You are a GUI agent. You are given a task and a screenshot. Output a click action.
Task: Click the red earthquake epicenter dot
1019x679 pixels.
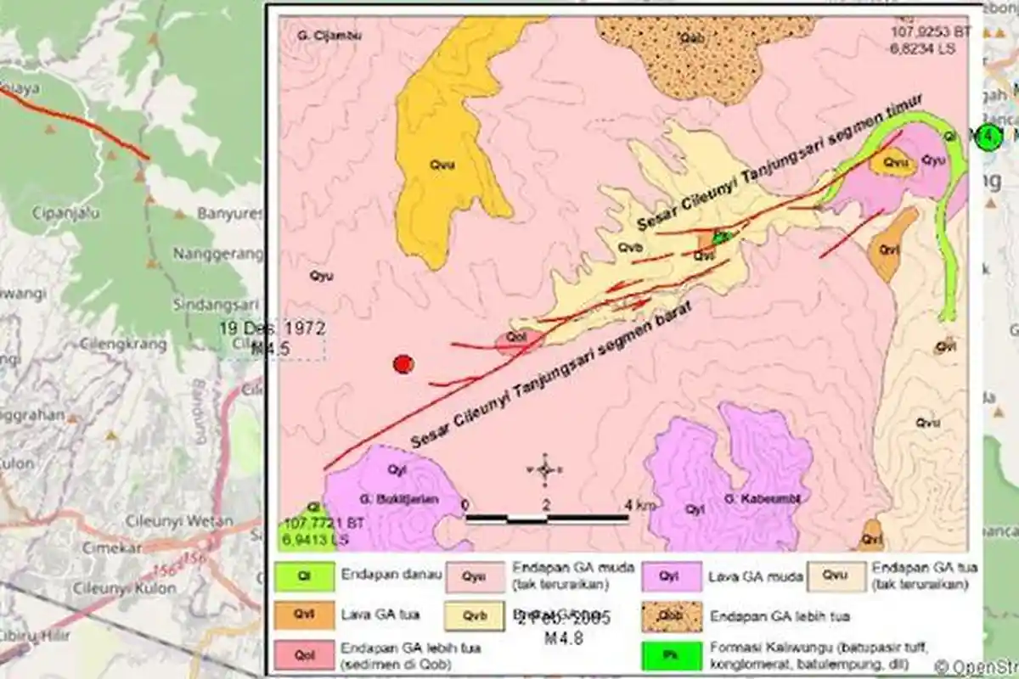pyautogui.click(x=403, y=364)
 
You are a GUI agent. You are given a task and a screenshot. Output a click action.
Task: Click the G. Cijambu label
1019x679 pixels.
pyautogui.click(x=318, y=36)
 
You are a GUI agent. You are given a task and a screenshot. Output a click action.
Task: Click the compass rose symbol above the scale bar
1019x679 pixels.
pyautogui.click(x=545, y=469)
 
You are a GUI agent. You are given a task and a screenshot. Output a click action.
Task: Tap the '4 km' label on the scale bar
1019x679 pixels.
pyautogui.click(x=640, y=505)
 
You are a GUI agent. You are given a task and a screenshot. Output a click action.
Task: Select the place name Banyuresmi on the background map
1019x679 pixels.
pyautogui.click(x=229, y=214)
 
